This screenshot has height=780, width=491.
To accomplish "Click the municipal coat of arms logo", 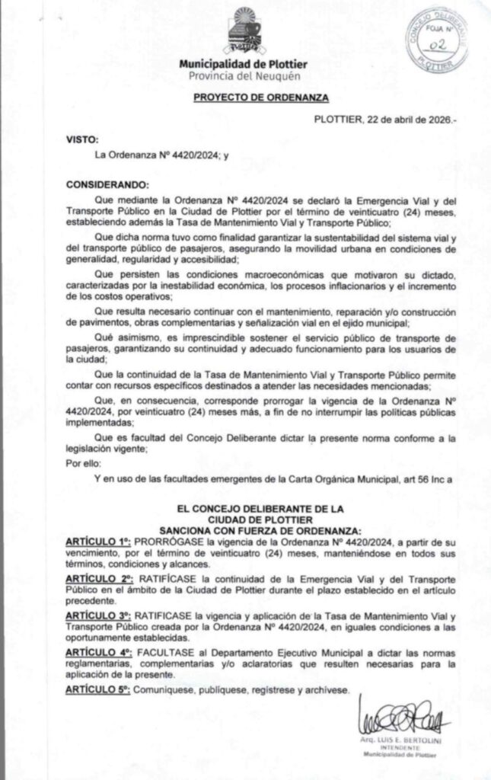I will tap(246, 32).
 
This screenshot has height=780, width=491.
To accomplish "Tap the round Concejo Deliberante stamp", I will tap(436, 40).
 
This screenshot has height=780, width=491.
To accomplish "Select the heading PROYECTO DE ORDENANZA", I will tap(245, 99).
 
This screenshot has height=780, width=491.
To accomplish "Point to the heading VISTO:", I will tap(82, 139).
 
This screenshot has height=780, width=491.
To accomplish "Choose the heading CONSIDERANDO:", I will tap(107, 184).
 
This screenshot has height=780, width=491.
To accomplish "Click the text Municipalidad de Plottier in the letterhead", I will tap(244, 65).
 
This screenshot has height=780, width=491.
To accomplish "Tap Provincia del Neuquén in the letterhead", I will tap(244, 76).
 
